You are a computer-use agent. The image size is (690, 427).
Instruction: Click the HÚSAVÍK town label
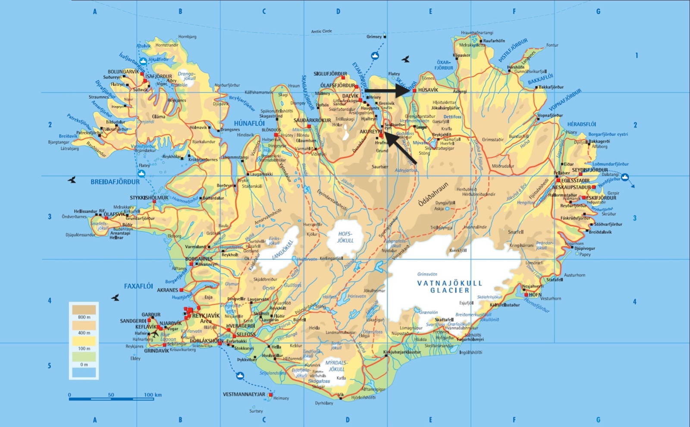428,90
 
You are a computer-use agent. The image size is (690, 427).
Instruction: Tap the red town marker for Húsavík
414,91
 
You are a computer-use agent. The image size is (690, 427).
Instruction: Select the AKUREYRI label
370,132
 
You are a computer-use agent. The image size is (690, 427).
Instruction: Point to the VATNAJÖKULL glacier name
449,286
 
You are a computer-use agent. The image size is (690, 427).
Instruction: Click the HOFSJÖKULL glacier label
345,237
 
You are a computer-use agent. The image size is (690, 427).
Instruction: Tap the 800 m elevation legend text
84,317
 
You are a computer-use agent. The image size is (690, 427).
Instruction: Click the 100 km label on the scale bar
153,395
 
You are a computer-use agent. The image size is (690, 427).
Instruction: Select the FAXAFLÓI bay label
138,286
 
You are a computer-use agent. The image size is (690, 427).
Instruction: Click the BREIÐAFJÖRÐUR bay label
115,182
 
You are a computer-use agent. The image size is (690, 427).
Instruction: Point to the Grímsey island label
374,37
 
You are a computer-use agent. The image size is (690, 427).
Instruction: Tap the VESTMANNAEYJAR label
244,394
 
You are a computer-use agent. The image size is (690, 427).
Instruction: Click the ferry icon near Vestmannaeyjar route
240,376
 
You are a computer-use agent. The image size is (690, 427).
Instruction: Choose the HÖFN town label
535,295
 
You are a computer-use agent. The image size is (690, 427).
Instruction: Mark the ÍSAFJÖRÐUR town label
158,76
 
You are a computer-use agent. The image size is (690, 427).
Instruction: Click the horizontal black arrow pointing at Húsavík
388,91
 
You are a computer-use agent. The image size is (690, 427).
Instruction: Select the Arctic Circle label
322,31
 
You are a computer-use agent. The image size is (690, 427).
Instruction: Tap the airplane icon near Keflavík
154,333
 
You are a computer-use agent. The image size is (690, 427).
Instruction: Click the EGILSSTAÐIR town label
575,181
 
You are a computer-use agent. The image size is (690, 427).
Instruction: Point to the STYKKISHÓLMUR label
149,198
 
